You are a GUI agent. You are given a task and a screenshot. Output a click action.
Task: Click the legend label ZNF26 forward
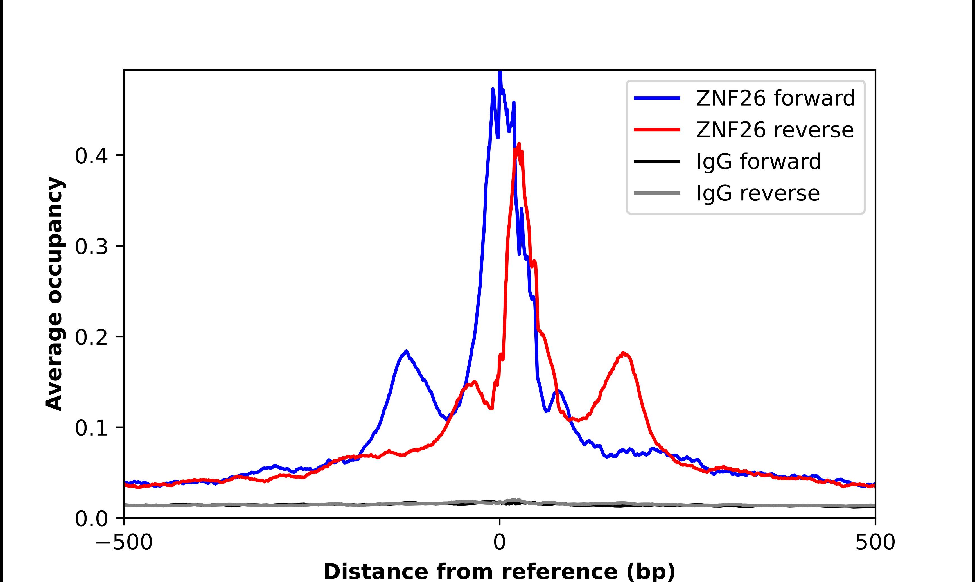click(x=775, y=98)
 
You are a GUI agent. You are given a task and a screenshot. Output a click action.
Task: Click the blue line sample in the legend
click(x=657, y=98)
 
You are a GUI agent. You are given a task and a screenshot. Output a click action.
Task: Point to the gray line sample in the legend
click(x=657, y=193)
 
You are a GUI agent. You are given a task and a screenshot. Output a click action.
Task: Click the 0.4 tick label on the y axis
click(x=91, y=156)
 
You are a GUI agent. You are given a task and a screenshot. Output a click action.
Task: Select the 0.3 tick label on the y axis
click(x=91, y=246)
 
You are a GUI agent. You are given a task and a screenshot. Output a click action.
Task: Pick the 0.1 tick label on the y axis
click(x=91, y=427)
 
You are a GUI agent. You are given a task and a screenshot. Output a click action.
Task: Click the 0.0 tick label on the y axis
click(x=91, y=518)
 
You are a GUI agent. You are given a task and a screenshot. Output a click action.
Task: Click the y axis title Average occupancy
click(x=54, y=294)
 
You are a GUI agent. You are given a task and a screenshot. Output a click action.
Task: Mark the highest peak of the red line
click(x=519, y=144)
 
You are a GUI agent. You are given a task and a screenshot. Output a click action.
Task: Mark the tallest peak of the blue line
click(x=500, y=72)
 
